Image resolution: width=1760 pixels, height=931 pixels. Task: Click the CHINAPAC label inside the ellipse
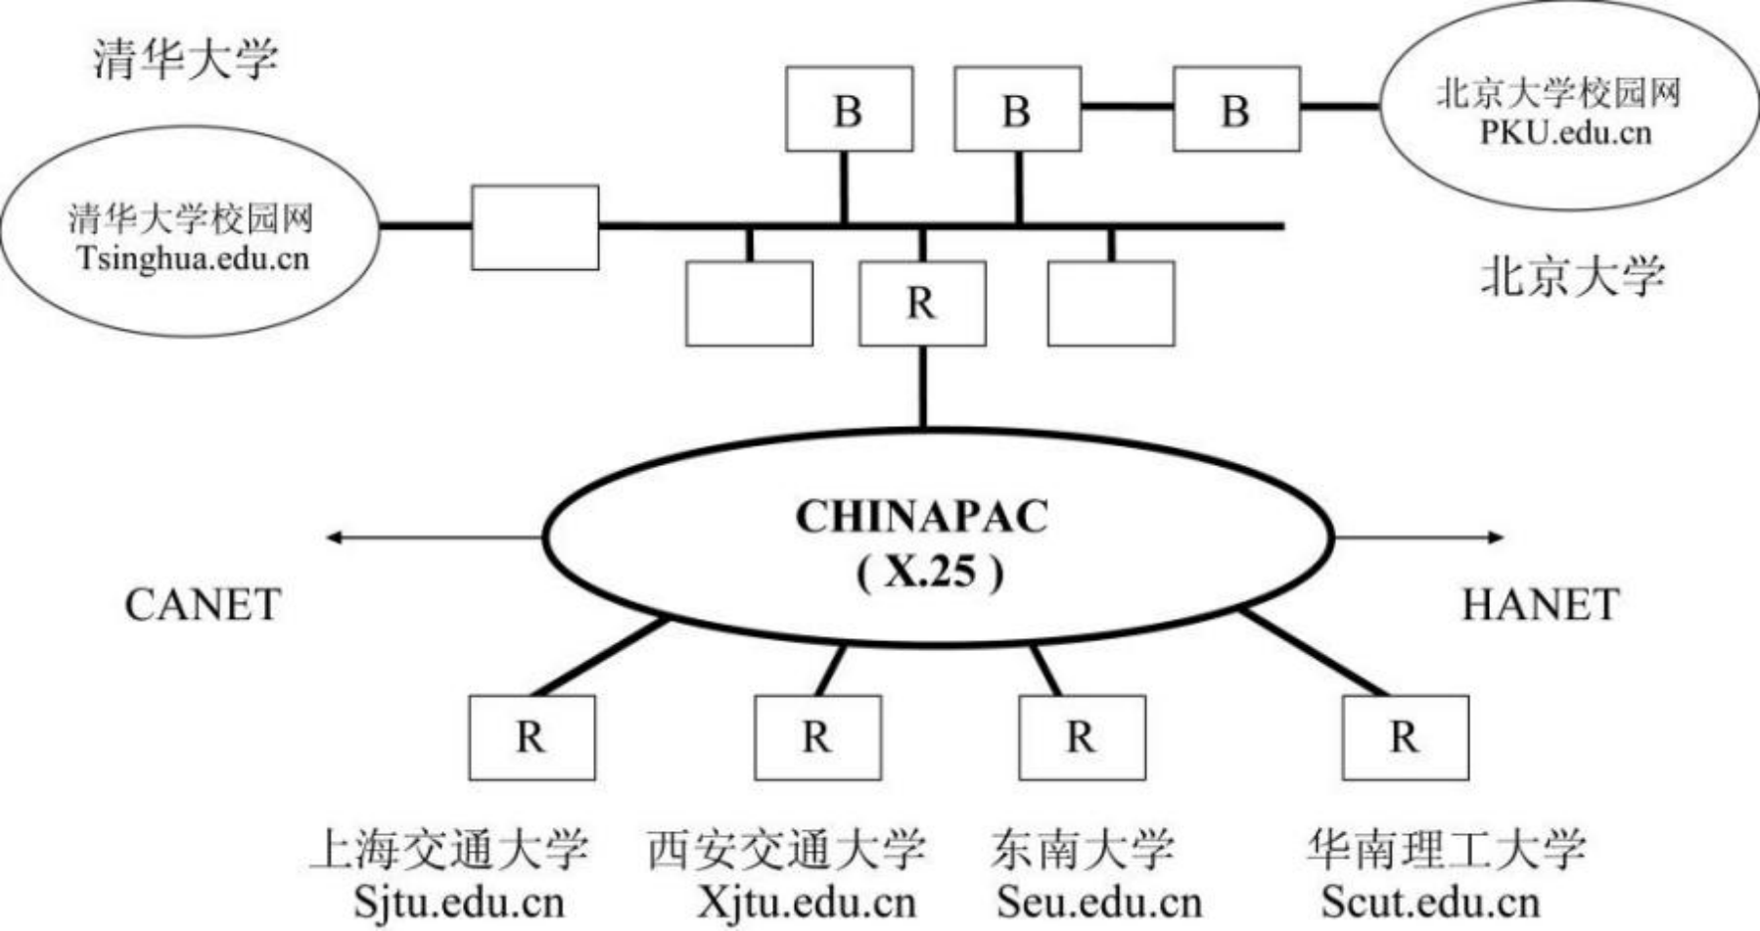click(x=921, y=517)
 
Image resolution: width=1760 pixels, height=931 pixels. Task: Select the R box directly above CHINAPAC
click(x=922, y=303)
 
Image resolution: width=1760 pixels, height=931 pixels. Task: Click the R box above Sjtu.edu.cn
click(x=532, y=737)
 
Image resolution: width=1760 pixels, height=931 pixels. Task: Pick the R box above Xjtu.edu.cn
click(x=817, y=737)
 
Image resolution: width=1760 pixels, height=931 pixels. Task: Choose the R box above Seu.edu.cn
click(x=1082, y=737)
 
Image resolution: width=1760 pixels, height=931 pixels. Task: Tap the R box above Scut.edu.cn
click(x=1405, y=737)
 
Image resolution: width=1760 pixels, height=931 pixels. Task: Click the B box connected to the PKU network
click(x=1236, y=110)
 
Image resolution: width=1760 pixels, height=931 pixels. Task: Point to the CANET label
click(x=203, y=605)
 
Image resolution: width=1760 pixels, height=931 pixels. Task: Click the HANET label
click(x=1540, y=605)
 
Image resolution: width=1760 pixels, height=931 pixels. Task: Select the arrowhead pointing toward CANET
click(x=334, y=536)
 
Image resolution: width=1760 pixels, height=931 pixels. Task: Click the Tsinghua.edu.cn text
click(x=193, y=258)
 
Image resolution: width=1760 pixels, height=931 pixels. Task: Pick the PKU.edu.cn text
click(x=1564, y=131)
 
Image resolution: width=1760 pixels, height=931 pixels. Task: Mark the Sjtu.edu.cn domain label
click(x=459, y=902)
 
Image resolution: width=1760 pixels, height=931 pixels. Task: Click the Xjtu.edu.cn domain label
click(x=807, y=902)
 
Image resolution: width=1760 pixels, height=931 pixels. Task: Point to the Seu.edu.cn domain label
click(x=1098, y=902)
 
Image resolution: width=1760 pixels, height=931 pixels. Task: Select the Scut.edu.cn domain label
click(x=1430, y=902)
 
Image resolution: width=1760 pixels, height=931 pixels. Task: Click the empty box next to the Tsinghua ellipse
click(x=535, y=227)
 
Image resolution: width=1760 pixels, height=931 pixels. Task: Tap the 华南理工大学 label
click(x=1445, y=849)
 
